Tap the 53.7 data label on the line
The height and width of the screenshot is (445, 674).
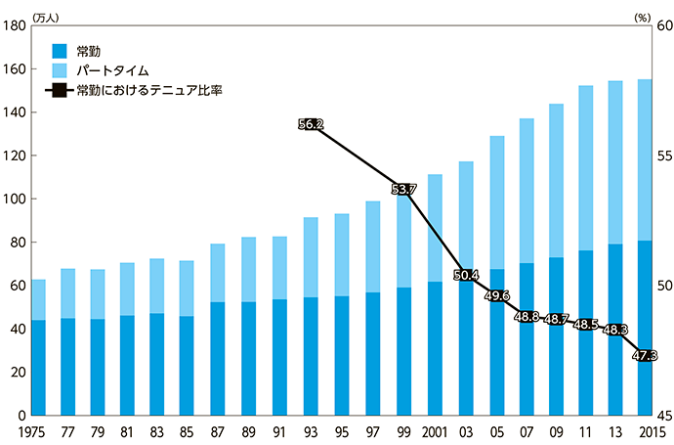[403, 189]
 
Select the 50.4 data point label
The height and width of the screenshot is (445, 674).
[466, 275]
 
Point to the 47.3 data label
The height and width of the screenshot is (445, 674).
[646, 355]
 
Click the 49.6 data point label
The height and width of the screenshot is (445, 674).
[495, 295]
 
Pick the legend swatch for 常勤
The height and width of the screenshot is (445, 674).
[58, 50]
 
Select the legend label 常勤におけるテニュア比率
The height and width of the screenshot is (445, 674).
[146, 90]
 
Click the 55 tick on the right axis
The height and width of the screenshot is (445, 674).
[660, 156]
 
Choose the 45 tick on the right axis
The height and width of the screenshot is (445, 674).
[660, 416]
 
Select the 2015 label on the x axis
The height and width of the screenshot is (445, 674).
[646, 432]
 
